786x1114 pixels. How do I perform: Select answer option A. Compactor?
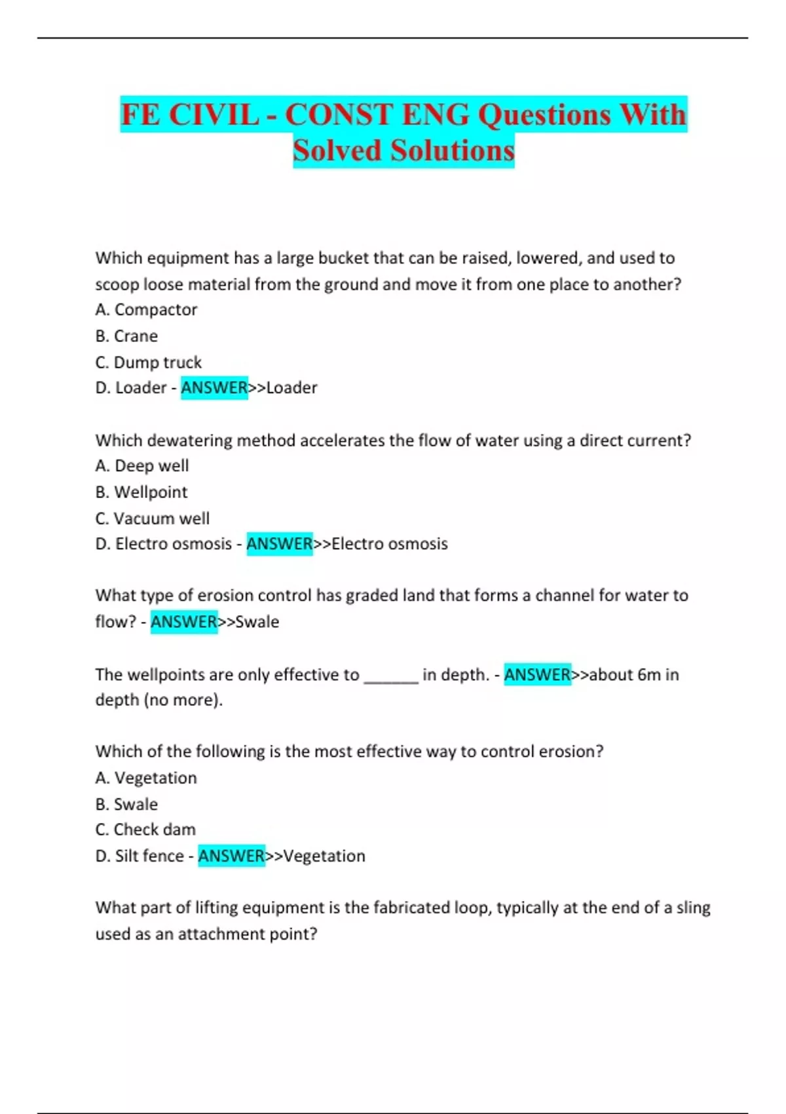coord(146,309)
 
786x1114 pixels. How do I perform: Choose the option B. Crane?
coord(126,336)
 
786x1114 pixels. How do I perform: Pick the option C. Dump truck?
coord(148,362)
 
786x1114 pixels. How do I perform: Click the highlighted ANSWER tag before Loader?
coord(214,387)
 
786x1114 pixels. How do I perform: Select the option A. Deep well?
coord(141,465)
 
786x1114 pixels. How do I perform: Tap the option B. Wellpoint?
coord(141,491)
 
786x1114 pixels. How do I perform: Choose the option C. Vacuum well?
coord(152,518)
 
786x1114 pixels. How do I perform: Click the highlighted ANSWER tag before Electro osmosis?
coord(280,543)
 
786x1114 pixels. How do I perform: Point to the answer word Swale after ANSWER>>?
coord(257,621)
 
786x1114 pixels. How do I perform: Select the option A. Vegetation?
coord(145,777)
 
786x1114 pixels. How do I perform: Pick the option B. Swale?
coord(126,803)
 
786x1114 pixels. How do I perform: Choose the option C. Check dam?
coord(145,829)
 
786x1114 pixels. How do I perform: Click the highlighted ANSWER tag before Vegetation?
coord(231,855)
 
